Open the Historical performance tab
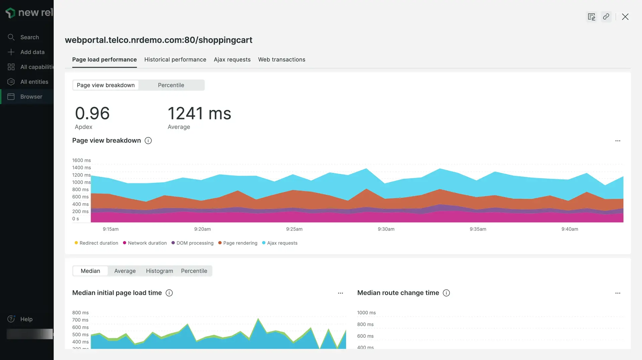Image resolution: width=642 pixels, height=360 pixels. tap(175, 59)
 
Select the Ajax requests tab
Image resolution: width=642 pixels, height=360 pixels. tap(232, 59)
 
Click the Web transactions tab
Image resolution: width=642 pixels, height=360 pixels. tap(282, 59)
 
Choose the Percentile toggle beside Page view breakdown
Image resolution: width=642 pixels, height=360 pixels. tap(171, 85)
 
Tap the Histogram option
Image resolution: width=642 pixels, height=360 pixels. tap(159, 271)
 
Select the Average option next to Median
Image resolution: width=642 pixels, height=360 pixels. tap(125, 271)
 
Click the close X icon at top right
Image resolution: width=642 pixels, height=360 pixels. tap(625, 17)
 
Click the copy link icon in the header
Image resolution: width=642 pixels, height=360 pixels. tap(606, 17)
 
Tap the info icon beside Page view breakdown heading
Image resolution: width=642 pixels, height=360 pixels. tap(148, 141)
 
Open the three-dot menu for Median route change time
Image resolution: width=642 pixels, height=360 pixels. tap(618, 293)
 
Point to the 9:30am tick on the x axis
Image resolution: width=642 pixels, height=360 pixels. tap(386, 229)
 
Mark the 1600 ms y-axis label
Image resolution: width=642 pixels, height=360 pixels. tap(81, 160)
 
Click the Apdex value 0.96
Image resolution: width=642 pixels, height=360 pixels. tap(92, 113)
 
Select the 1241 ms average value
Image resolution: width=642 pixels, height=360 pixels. tap(199, 113)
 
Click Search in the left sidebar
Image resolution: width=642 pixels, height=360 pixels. tap(29, 37)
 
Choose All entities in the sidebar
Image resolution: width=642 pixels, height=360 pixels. tap(34, 82)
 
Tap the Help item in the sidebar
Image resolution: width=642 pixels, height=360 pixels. tap(26, 319)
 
